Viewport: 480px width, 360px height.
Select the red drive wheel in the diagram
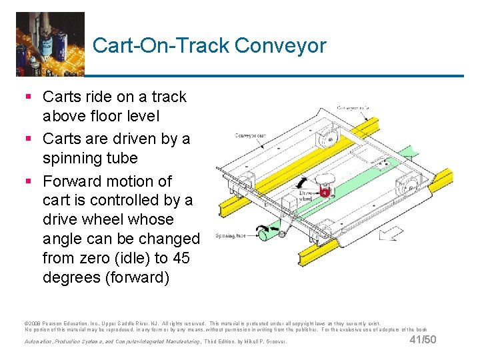tap(325, 193)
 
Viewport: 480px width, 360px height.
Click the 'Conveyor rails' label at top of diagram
tap(357, 107)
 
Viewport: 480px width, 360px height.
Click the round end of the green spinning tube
tap(264, 234)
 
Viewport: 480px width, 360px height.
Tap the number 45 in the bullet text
tap(187, 258)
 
